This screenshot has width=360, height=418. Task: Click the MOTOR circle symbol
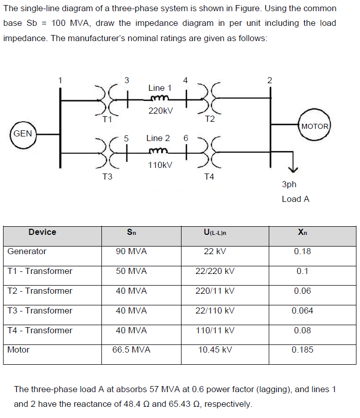tap(315, 126)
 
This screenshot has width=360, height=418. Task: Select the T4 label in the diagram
tap(209, 177)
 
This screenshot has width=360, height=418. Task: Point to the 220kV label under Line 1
tap(160, 110)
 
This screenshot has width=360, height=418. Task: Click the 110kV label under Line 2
tap(160, 165)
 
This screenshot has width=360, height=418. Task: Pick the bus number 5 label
tap(127, 138)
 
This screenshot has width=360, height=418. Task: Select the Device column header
tap(43, 232)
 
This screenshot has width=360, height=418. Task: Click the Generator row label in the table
tap(27, 251)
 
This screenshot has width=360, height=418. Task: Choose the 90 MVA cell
tap(131, 251)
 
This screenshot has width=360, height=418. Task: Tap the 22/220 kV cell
tap(215, 271)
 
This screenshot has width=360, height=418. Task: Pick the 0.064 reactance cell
tap(302, 310)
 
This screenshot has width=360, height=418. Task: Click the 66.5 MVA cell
tap(131, 350)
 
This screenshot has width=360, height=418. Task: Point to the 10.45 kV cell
tap(215, 350)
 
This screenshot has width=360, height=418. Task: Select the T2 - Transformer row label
tap(40, 291)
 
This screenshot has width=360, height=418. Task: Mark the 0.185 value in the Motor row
tap(302, 350)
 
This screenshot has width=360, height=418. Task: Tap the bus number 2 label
tap(270, 80)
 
